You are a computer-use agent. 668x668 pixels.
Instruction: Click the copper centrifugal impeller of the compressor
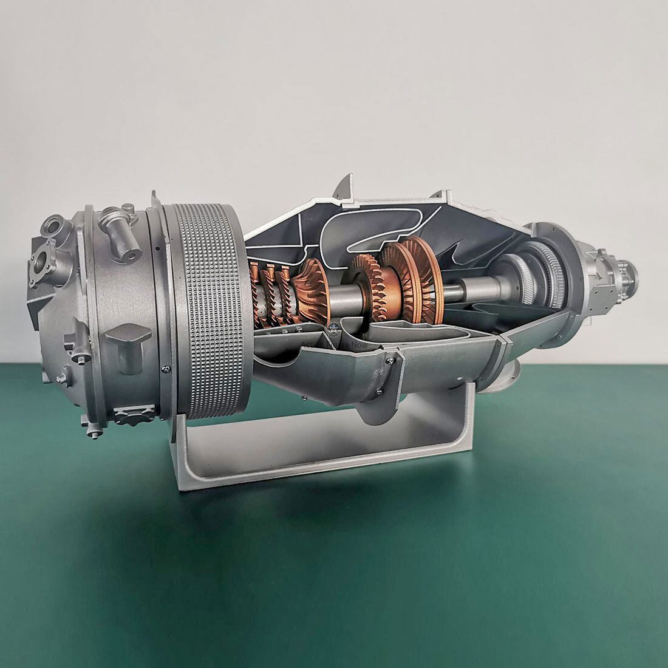click(313, 285)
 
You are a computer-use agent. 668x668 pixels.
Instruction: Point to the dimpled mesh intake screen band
click(208, 310)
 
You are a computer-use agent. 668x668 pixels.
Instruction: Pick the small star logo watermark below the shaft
click(333, 329)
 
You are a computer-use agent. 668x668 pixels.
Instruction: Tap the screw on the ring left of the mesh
click(165, 369)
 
